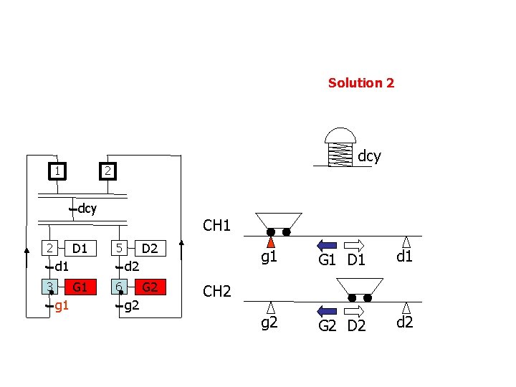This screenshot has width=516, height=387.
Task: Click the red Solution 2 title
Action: click(360, 83)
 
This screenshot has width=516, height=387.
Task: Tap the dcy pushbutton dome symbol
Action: click(340, 136)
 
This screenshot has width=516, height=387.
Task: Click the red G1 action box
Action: click(80, 287)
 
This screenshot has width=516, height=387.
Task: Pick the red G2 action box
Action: click(149, 287)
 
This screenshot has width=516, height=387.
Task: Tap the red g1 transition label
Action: click(62, 306)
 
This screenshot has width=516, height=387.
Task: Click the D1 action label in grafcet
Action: click(80, 249)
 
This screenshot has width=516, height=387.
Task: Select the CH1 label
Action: click(216, 226)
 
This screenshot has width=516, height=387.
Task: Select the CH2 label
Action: click(216, 291)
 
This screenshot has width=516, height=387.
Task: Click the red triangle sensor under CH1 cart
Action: click(271, 242)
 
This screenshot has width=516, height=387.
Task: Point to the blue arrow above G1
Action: click(327, 244)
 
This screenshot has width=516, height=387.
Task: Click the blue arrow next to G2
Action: click(327, 311)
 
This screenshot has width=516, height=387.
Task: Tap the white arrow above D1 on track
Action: click(356, 244)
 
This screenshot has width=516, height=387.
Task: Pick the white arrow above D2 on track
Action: click(356, 311)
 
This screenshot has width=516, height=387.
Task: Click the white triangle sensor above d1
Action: click(406, 242)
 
